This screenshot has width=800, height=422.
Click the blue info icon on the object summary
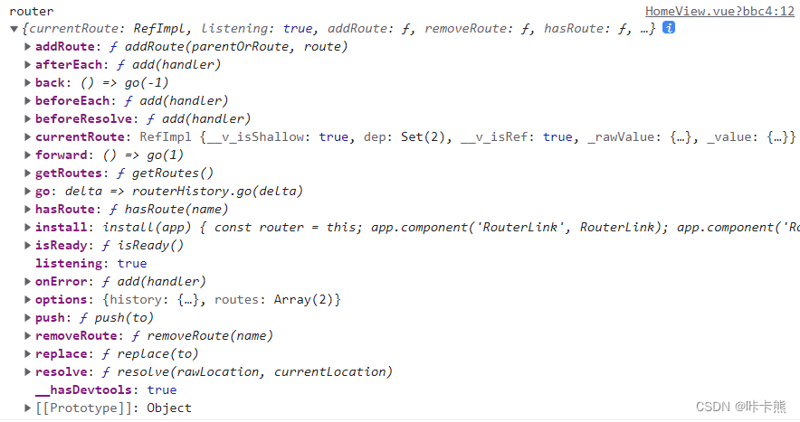click(x=669, y=28)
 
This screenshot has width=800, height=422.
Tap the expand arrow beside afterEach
click(x=27, y=64)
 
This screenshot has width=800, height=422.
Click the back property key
click(x=50, y=82)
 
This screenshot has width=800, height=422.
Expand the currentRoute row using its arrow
click(x=27, y=136)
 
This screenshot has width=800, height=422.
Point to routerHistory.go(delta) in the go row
click(x=218, y=191)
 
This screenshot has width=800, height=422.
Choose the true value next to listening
click(x=132, y=263)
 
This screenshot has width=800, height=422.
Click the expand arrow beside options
click(x=27, y=299)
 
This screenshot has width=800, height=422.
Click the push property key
click(x=50, y=317)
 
